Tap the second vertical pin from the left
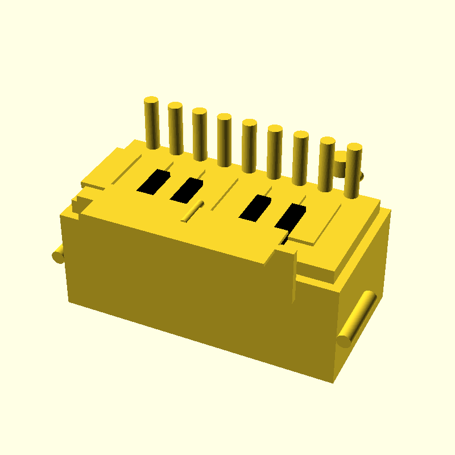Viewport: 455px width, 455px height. (x=176, y=129)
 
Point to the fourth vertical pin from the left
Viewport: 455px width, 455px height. (x=224, y=140)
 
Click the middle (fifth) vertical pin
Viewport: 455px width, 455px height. (x=249, y=146)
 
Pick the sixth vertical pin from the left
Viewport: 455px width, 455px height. (x=275, y=152)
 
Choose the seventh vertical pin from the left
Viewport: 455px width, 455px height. (x=300, y=159)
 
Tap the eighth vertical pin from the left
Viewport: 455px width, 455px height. (x=326, y=165)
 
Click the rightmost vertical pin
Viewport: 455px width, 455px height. (x=353, y=171)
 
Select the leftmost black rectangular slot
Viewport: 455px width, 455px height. (x=154, y=182)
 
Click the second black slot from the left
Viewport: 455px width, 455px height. (x=187, y=191)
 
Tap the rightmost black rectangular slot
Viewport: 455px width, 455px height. (x=290, y=217)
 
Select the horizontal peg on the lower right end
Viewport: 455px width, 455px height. (x=355, y=320)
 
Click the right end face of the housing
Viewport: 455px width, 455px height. (x=364, y=284)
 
